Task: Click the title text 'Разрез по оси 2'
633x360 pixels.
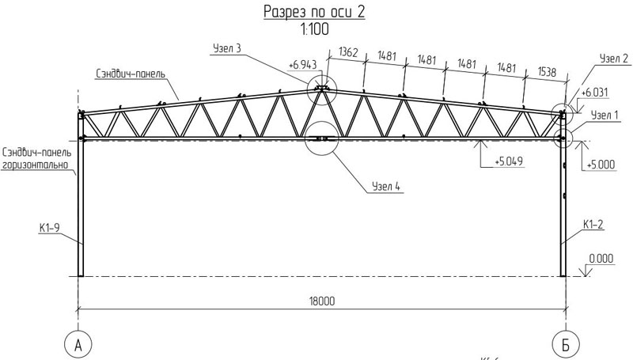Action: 314,12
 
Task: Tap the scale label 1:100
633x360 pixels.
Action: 314,29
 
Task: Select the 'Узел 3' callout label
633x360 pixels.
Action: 227,48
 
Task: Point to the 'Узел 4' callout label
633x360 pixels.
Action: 386,186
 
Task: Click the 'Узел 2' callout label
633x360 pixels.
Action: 614,59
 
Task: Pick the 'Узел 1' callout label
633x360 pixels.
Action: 605,115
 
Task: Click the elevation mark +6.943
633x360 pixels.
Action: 303,65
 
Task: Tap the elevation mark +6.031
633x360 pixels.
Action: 594,93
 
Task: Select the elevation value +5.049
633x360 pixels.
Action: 509,161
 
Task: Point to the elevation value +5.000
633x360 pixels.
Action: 601,165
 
